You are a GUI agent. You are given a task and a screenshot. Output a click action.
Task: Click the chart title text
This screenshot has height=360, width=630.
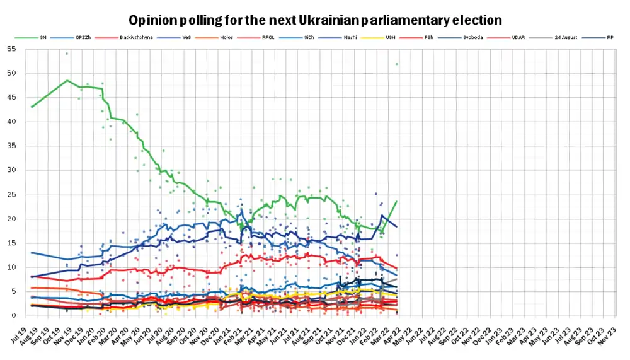tap(315, 20)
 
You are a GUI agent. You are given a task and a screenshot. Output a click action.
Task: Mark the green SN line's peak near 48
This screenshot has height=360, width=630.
tap(67, 81)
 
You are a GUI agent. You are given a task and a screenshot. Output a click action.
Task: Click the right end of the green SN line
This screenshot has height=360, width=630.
tap(396, 201)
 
